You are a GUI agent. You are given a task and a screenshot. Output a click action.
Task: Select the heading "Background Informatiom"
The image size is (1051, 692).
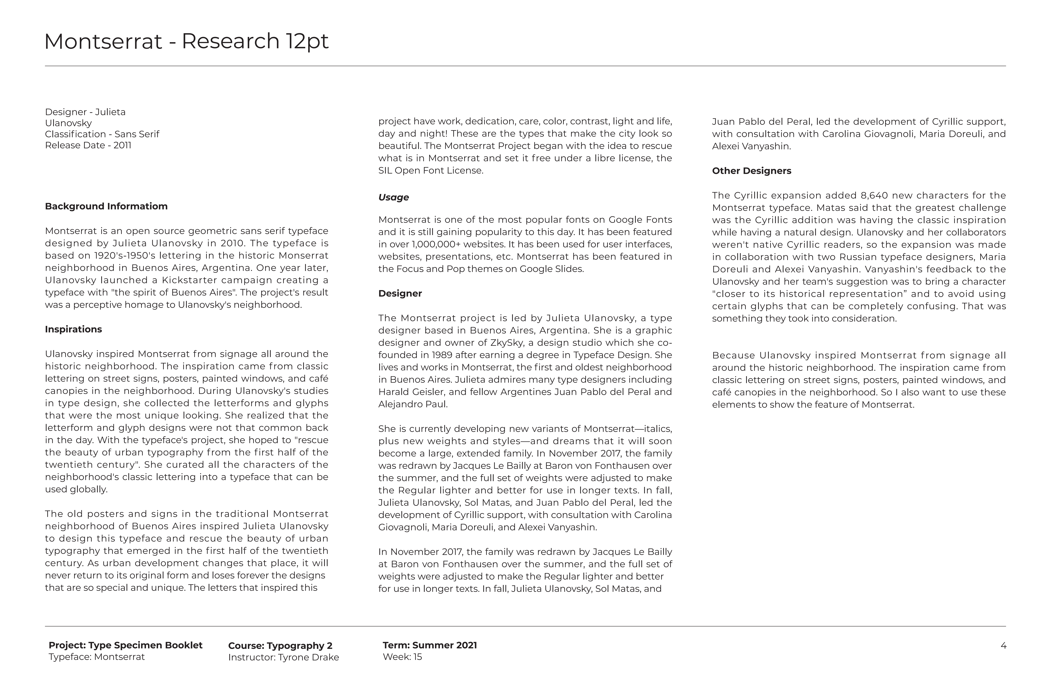[106, 206]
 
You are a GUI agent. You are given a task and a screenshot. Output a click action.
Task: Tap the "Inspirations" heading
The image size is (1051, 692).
[73, 329]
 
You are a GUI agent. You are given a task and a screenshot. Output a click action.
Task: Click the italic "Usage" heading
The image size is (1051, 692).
[393, 198]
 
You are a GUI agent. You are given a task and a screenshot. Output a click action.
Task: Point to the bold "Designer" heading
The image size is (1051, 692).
[400, 293]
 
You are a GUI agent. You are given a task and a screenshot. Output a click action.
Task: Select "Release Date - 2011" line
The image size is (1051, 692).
[88, 145]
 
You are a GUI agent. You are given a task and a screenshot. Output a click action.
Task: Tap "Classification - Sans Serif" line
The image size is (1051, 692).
[102, 134]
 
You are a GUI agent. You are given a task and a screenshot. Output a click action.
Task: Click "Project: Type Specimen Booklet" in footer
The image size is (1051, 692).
[125, 645]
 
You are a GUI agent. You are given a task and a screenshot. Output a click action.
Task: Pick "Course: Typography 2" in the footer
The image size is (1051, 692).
[280, 646]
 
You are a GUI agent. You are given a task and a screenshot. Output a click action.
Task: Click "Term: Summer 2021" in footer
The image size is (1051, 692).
[430, 645]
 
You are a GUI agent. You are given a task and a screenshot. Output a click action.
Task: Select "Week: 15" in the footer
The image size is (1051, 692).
[402, 657]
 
